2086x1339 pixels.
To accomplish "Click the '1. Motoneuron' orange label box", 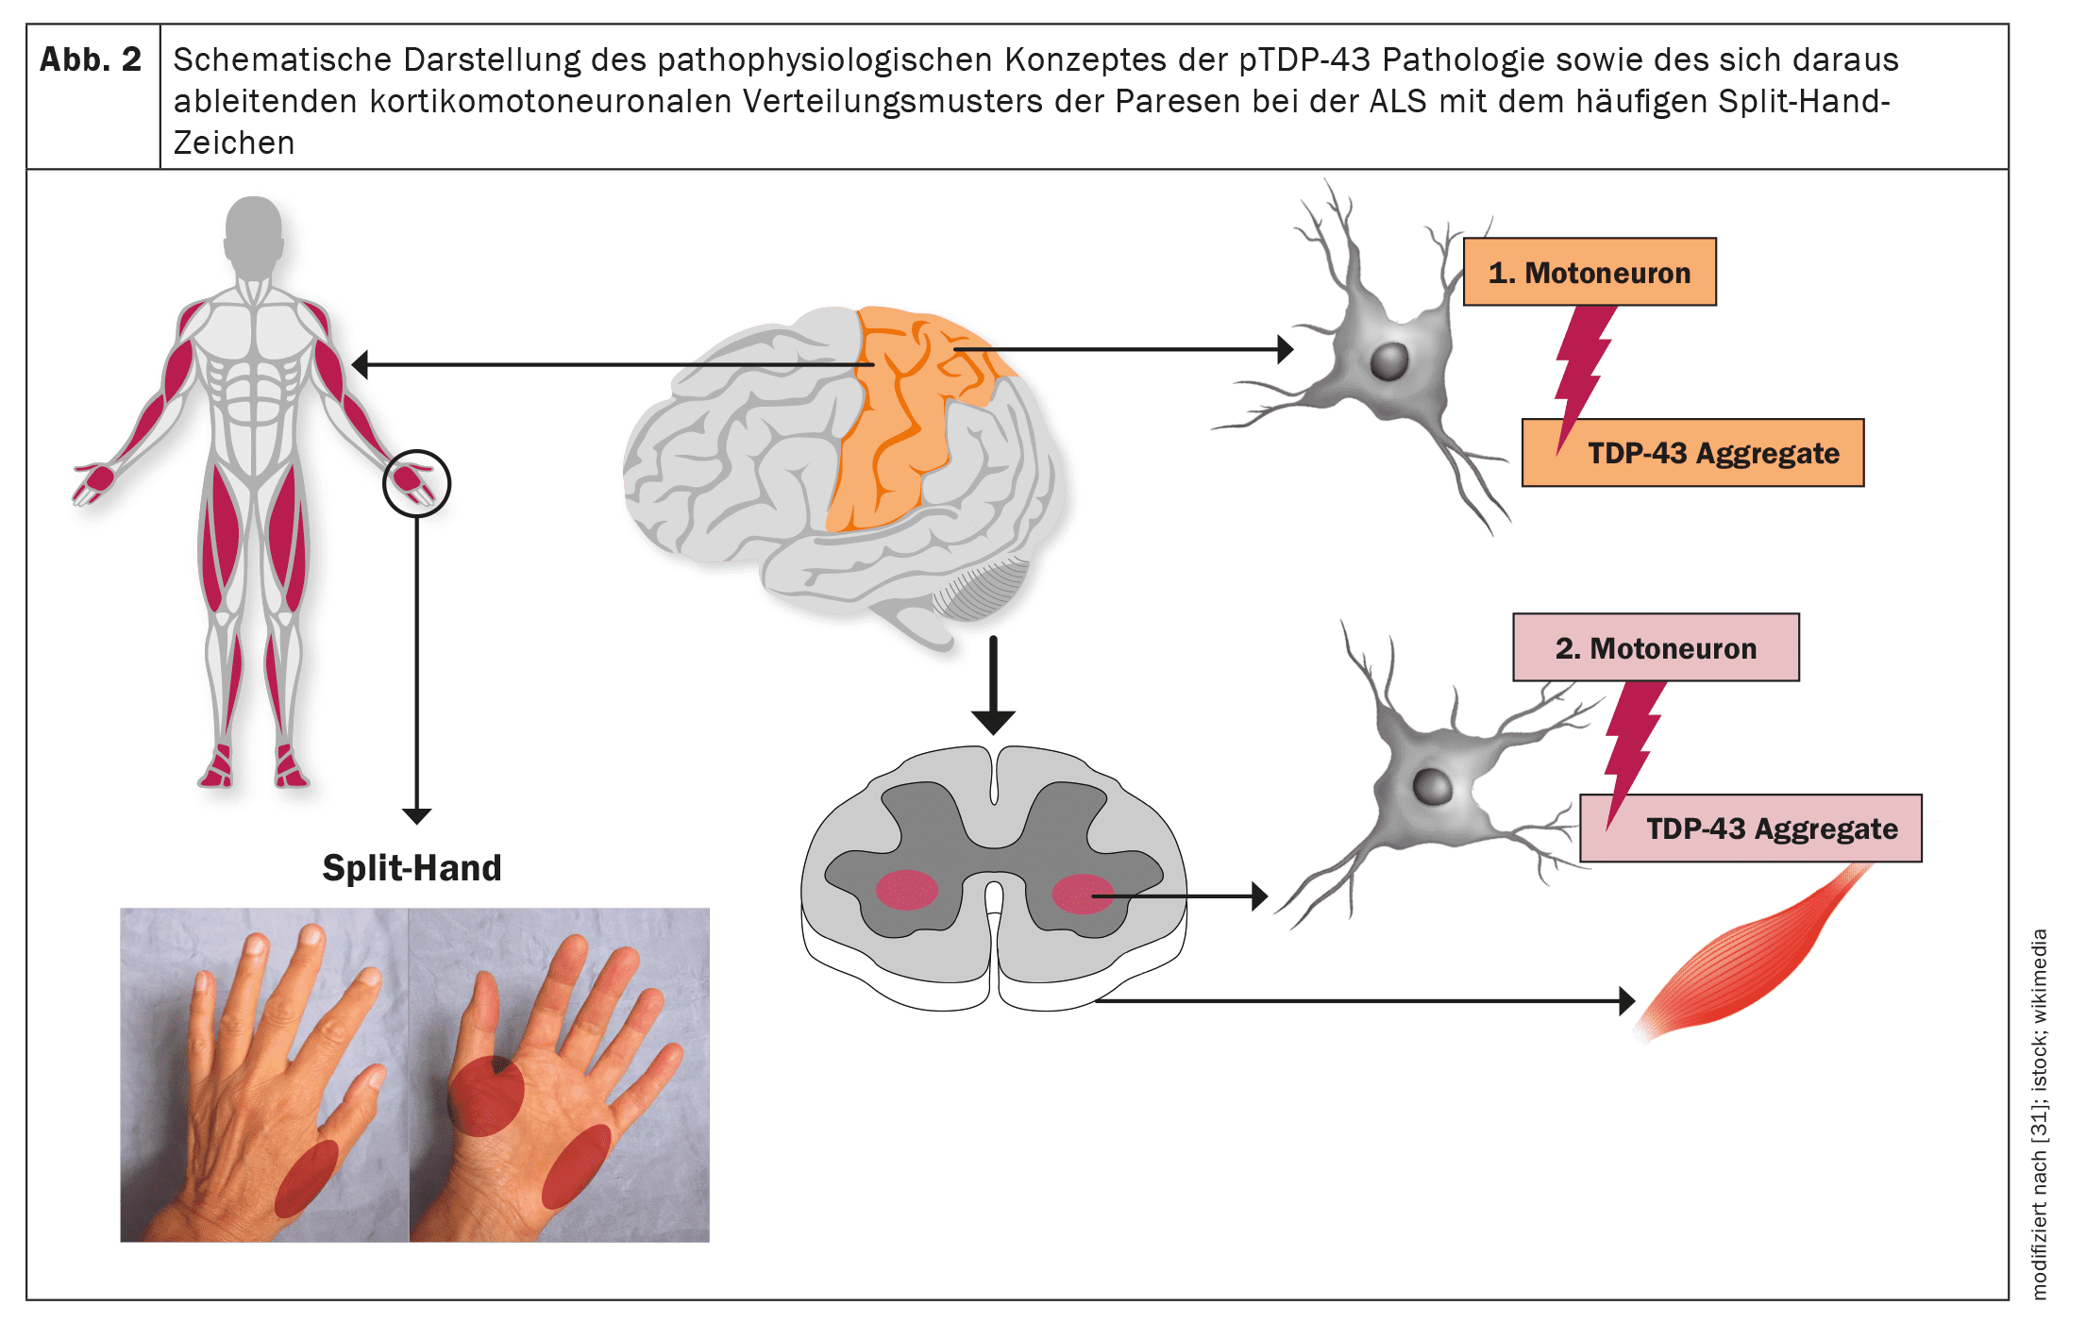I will point(1589,272).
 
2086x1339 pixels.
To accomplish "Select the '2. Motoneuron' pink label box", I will point(1656,647).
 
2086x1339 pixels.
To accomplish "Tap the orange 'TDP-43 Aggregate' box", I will point(1692,453).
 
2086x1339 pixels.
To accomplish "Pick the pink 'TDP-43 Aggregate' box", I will point(1751,829).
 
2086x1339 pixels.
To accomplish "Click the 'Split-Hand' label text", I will point(412,868).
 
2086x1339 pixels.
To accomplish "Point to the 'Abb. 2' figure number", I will point(91,60).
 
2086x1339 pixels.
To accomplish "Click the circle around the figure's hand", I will point(416,483).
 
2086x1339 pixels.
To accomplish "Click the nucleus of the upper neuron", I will point(1388,360).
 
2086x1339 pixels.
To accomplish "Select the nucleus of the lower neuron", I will point(1432,786).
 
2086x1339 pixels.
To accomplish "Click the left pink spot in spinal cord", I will point(906,890).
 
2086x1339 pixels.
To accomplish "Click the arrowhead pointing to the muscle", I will point(1626,1000).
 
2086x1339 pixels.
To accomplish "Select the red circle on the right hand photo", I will point(485,1096).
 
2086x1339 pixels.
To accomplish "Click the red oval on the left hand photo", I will point(306,1178).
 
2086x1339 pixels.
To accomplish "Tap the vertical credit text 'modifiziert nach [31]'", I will point(2039,1189).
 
